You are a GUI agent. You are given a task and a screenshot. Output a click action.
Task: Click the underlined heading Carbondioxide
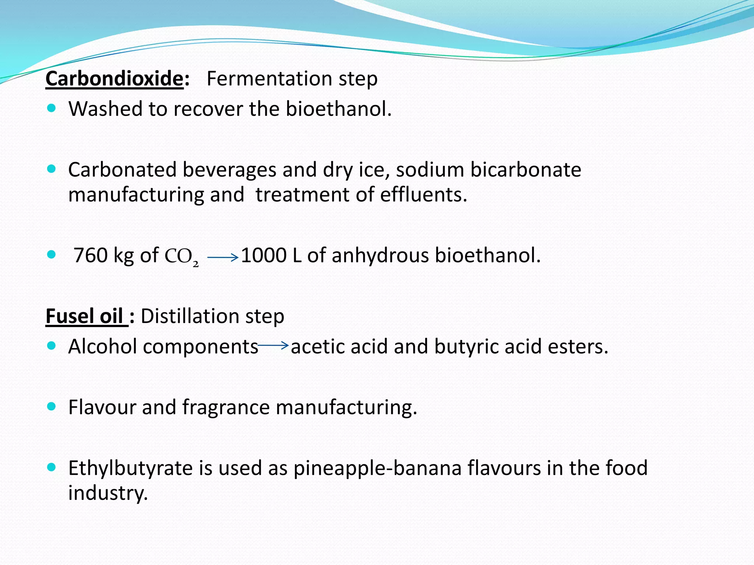click(x=114, y=79)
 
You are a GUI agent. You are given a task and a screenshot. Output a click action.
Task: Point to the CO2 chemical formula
click(x=182, y=257)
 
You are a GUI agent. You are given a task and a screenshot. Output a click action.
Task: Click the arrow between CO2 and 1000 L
click(x=223, y=257)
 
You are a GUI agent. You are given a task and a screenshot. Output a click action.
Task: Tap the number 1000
click(x=264, y=255)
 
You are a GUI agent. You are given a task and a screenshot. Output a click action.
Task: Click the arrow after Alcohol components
click(x=273, y=345)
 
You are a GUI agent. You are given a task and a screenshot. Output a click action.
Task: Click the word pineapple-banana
click(x=377, y=469)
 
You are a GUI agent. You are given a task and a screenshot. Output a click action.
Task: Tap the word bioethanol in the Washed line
click(x=339, y=109)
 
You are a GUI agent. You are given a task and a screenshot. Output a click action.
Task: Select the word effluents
click(x=423, y=195)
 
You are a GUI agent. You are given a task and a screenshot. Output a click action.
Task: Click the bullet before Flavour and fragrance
click(x=52, y=406)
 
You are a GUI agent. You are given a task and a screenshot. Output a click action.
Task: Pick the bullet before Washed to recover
click(x=52, y=108)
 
